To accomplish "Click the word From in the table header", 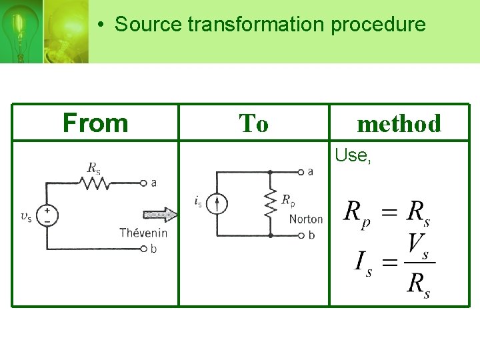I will [95, 123].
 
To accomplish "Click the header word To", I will [253, 123].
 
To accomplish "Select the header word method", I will [399, 123].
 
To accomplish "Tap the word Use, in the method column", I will [353, 155].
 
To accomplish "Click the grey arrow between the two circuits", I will [160, 215].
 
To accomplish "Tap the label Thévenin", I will [143, 233].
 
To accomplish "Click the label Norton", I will [305, 219].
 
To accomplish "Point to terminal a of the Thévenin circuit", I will [143, 182].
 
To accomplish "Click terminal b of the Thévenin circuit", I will [143, 249].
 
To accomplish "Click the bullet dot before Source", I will [99, 25].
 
